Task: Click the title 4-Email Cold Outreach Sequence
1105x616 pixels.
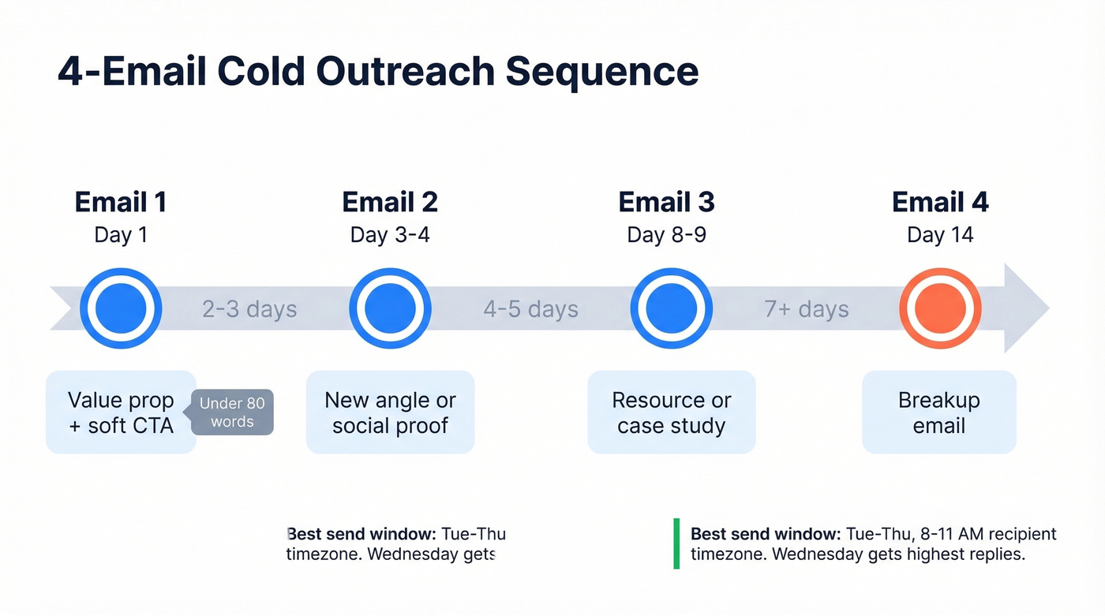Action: (378, 72)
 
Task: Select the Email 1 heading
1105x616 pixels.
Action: (121, 203)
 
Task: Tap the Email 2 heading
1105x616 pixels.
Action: (390, 203)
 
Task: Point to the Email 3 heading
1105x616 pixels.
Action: (666, 203)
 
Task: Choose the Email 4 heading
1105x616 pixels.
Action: (940, 203)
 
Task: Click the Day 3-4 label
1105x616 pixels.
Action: (390, 235)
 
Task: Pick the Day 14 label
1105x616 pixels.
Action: (940, 235)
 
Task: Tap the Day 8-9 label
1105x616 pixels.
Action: (666, 235)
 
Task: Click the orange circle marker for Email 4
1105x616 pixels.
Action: (940, 308)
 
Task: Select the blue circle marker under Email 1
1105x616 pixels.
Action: (121, 308)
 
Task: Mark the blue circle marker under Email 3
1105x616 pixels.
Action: (671, 308)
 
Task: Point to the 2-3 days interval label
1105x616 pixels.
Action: (249, 309)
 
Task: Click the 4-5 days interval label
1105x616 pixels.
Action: (530, 309)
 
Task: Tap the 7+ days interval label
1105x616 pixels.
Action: (806, 309)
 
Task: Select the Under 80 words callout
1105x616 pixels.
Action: (232, 413)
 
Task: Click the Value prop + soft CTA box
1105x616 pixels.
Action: (121, 413)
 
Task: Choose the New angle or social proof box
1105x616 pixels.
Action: (390, 413)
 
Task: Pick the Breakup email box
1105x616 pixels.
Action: (938, 413)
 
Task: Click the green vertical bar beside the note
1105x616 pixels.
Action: (676, 543)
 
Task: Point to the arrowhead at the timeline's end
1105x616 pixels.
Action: (1026, 308)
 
